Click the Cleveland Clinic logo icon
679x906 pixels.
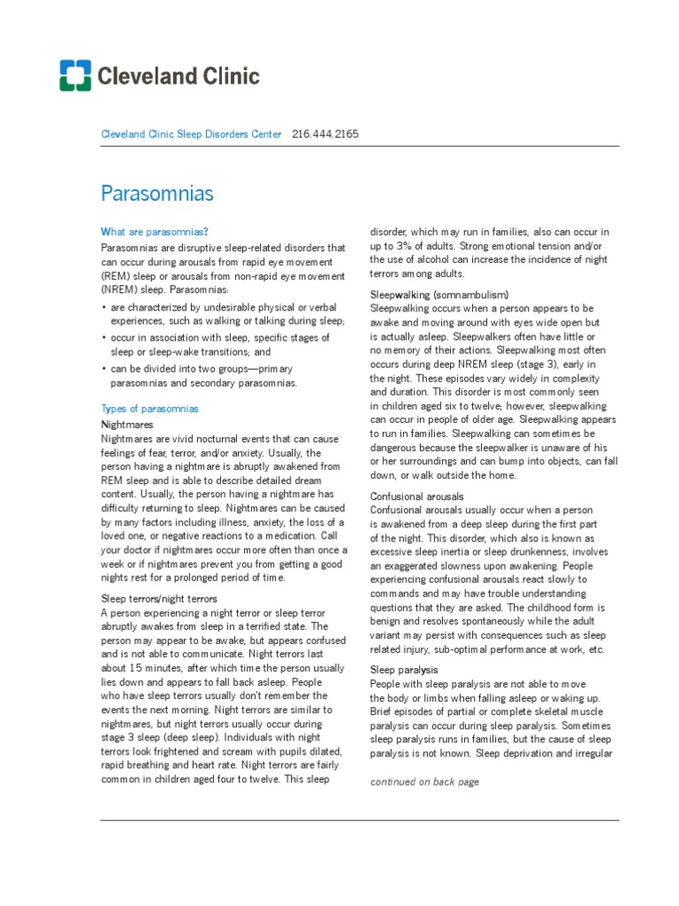coord(75,76)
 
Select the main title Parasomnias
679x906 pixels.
coord(157,192)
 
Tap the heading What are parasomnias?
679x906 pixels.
coord(155,232)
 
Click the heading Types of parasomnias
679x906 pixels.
coord(150,409)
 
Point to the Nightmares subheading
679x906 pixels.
coord(128,425)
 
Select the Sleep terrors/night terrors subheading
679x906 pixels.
coord(159,599)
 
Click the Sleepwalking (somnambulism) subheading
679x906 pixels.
coord(439,294)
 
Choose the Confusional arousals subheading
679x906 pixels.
coord(416,496)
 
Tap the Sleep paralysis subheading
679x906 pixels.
coord(402,670)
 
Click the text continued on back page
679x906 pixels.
coord(423,782)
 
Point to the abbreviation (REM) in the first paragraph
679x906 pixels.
coord(116,276)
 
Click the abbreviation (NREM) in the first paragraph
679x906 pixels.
coord(119,290)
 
